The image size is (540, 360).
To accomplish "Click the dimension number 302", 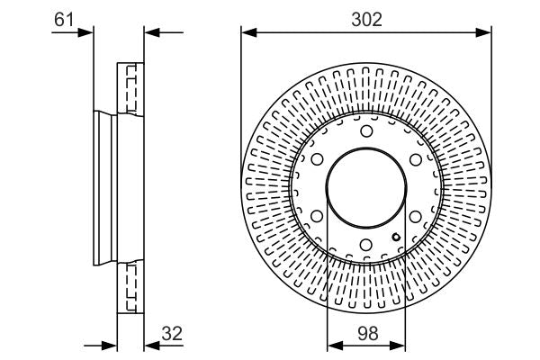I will (366, 16).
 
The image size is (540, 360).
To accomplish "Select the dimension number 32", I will (171, 332).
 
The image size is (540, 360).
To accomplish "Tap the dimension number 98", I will (366, 332).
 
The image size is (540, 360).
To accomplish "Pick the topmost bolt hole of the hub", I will (366, 132).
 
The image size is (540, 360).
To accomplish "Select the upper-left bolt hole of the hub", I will (318, 160).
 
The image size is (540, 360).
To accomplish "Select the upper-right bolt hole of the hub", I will (415, 160).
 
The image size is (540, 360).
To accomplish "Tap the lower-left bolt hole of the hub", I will (318, 217).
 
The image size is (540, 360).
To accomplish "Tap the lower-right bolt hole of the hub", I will (415, 217).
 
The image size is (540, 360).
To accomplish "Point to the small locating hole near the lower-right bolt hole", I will (396, 237).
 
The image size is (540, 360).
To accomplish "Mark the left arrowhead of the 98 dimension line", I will (332, 345).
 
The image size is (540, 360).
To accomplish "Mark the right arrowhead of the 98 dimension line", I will (400, 345).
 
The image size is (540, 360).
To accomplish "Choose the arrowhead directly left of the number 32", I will (150, 345).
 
